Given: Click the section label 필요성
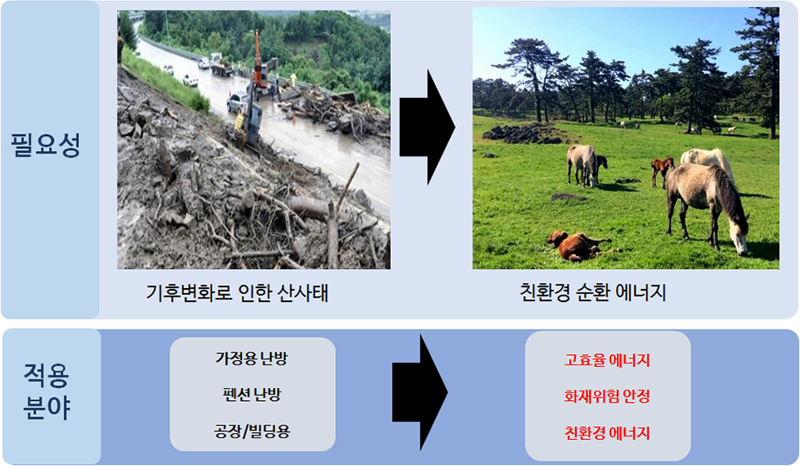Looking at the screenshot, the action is pos(45,145).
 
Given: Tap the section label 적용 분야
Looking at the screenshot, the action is pos(46,391).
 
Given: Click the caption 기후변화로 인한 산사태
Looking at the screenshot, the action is pos(237,293).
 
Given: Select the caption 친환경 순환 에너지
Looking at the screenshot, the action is pos(593,292).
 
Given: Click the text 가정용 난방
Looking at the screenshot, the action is pos(252,358).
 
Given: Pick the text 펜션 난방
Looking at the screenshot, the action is pos(252,394).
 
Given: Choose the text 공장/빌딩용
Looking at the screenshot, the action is pos(252,431).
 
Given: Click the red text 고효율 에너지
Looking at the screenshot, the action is pos(607,360).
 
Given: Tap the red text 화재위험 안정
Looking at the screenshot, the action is pos(607,397).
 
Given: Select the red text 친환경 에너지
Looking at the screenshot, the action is pos(607,433).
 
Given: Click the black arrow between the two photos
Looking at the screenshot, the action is pos(426,128).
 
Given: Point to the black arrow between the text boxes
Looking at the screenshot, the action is pos(420,392).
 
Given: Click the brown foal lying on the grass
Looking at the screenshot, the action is pos(577,246).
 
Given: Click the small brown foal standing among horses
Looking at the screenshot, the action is pos(662,170).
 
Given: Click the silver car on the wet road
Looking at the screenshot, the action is pos(237,102).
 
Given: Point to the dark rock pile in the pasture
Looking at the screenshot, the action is pos(522,133).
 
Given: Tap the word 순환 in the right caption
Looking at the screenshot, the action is pos(593,292).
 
